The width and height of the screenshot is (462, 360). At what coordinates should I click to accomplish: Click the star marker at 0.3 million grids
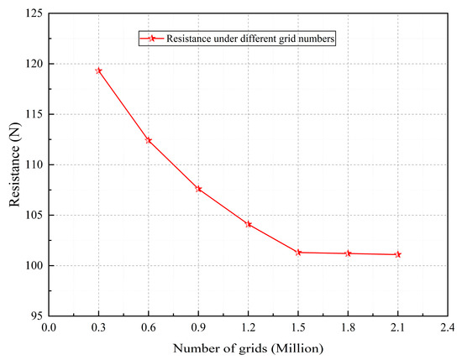pos(98,70)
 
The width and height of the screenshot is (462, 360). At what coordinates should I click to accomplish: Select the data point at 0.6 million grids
pos(149,140)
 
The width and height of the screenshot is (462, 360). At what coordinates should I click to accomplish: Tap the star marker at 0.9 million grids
pos(198,189)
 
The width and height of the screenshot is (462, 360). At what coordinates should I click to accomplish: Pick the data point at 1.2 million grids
pos(249,224)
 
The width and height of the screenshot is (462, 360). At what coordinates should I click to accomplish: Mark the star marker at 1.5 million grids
pos(298,253)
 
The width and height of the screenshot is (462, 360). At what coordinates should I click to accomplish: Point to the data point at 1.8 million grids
pos(348,253)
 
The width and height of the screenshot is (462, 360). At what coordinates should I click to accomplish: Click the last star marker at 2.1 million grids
pos(398,254)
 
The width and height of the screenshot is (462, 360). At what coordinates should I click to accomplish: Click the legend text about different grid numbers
pos(250,39)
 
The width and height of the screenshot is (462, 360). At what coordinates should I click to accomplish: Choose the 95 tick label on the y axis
pos(34,316)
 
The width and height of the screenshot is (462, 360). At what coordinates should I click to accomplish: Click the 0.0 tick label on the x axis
pos(49,328)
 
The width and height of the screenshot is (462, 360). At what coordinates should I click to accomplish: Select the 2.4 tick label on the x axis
pos(448,328)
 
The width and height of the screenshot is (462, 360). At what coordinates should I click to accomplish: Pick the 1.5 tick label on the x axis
pos(298,328)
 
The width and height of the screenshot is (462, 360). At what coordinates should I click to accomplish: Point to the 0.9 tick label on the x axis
pos(198,328)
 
